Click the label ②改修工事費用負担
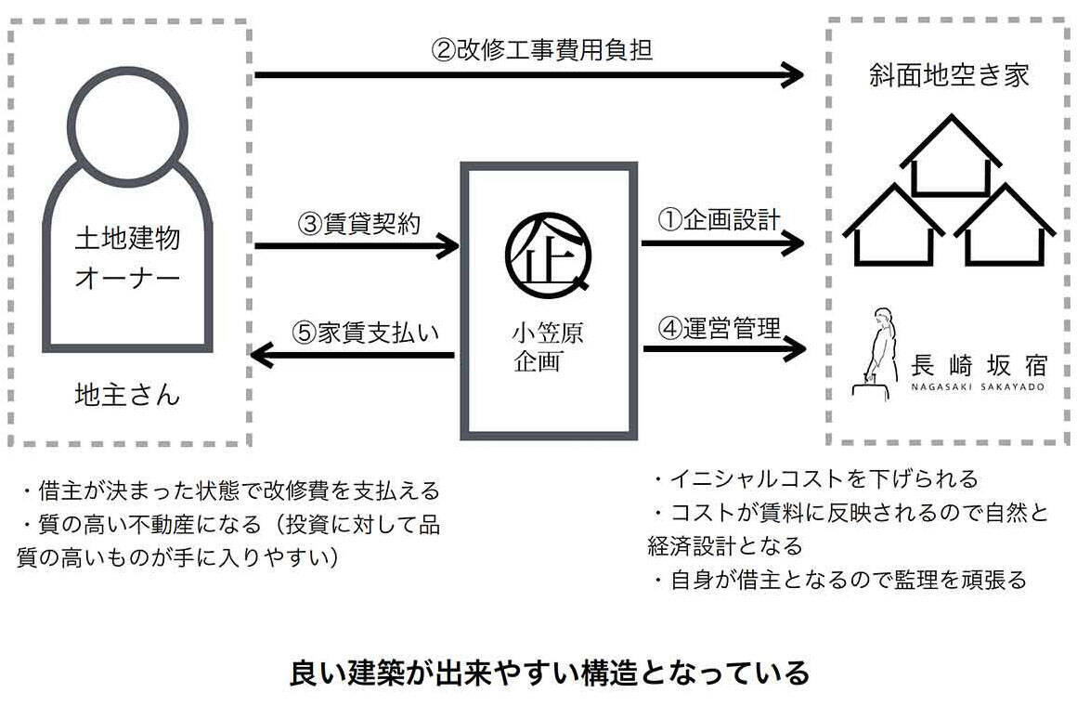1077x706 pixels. click(541, 48)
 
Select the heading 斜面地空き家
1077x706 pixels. click(947, 74)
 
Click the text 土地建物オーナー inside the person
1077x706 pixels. click(127, 257)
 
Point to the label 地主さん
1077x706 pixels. click(127, 396)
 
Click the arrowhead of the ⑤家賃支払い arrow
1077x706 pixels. click(264, 355)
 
